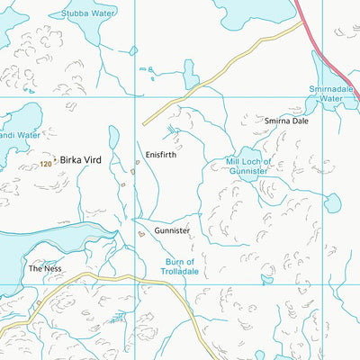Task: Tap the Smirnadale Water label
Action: [x=334, y=94]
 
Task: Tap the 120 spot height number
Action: [x=46, y=164]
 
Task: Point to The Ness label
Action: [x=42, y=268]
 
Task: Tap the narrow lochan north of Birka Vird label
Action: [x=113, y=138]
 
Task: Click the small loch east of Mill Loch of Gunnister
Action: [x=332, y=203]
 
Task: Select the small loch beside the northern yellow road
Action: [x=189, y=71]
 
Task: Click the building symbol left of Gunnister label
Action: [x=141, y=232]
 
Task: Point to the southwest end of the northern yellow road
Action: [x=144, y=122]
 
